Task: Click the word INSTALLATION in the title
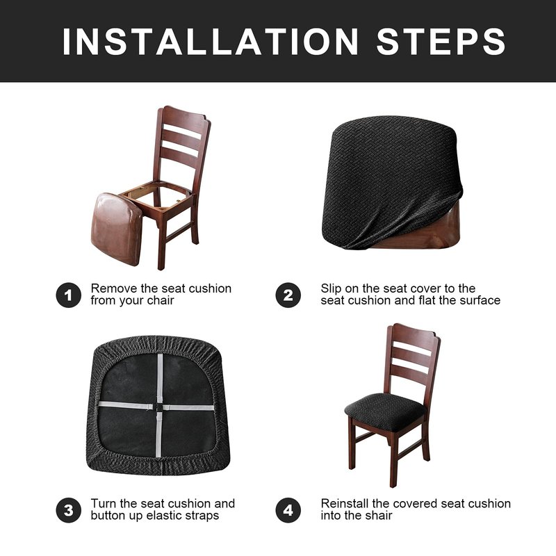tap(211, 42)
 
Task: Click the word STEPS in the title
tap(441, 42)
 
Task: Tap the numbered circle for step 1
tap(68, 295)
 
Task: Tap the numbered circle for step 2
tap(288, 295)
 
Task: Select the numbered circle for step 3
tap(68, 510)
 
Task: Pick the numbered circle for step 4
tap(288, 510)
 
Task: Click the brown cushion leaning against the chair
tap(117, 229)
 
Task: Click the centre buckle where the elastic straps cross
tap(158, 407)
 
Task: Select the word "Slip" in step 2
tap(332, 289)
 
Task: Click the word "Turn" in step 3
tap(104, 503)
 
